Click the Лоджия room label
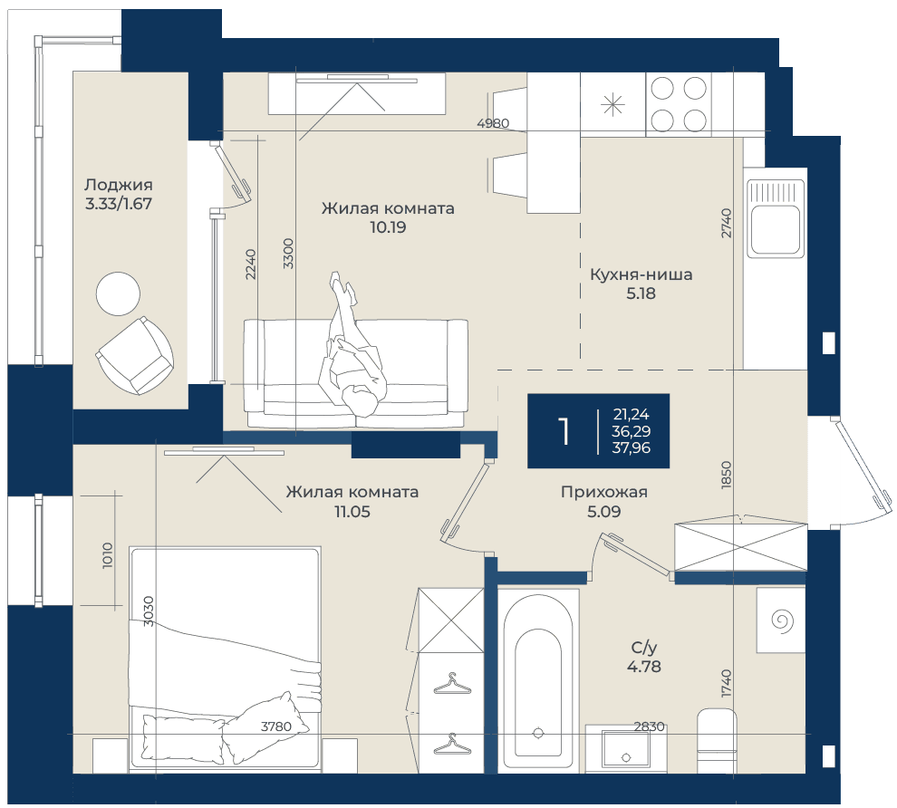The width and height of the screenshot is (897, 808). (119, 185)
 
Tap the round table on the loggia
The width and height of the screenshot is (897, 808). (118, 293)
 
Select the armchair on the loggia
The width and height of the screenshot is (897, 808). (134, 356)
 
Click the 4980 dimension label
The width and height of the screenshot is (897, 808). (493, 123)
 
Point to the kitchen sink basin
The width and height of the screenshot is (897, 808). (776, 229)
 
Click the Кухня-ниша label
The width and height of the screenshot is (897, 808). (641, 274)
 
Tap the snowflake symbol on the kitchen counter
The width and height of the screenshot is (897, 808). (612, 105)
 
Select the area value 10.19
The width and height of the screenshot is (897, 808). (388, 227)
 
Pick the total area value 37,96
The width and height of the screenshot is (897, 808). (631, 447)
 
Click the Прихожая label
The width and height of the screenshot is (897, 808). (604, 492)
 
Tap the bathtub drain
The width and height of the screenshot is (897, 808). (537, 733)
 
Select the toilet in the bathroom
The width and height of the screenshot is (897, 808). (718, 741)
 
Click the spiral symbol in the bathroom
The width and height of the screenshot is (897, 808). (782, 620)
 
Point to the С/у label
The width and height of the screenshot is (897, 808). (644, 648)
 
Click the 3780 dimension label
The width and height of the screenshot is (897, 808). (276, 726)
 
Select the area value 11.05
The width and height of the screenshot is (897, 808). (352, 512)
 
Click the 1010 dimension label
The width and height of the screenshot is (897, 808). (108, 555)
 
